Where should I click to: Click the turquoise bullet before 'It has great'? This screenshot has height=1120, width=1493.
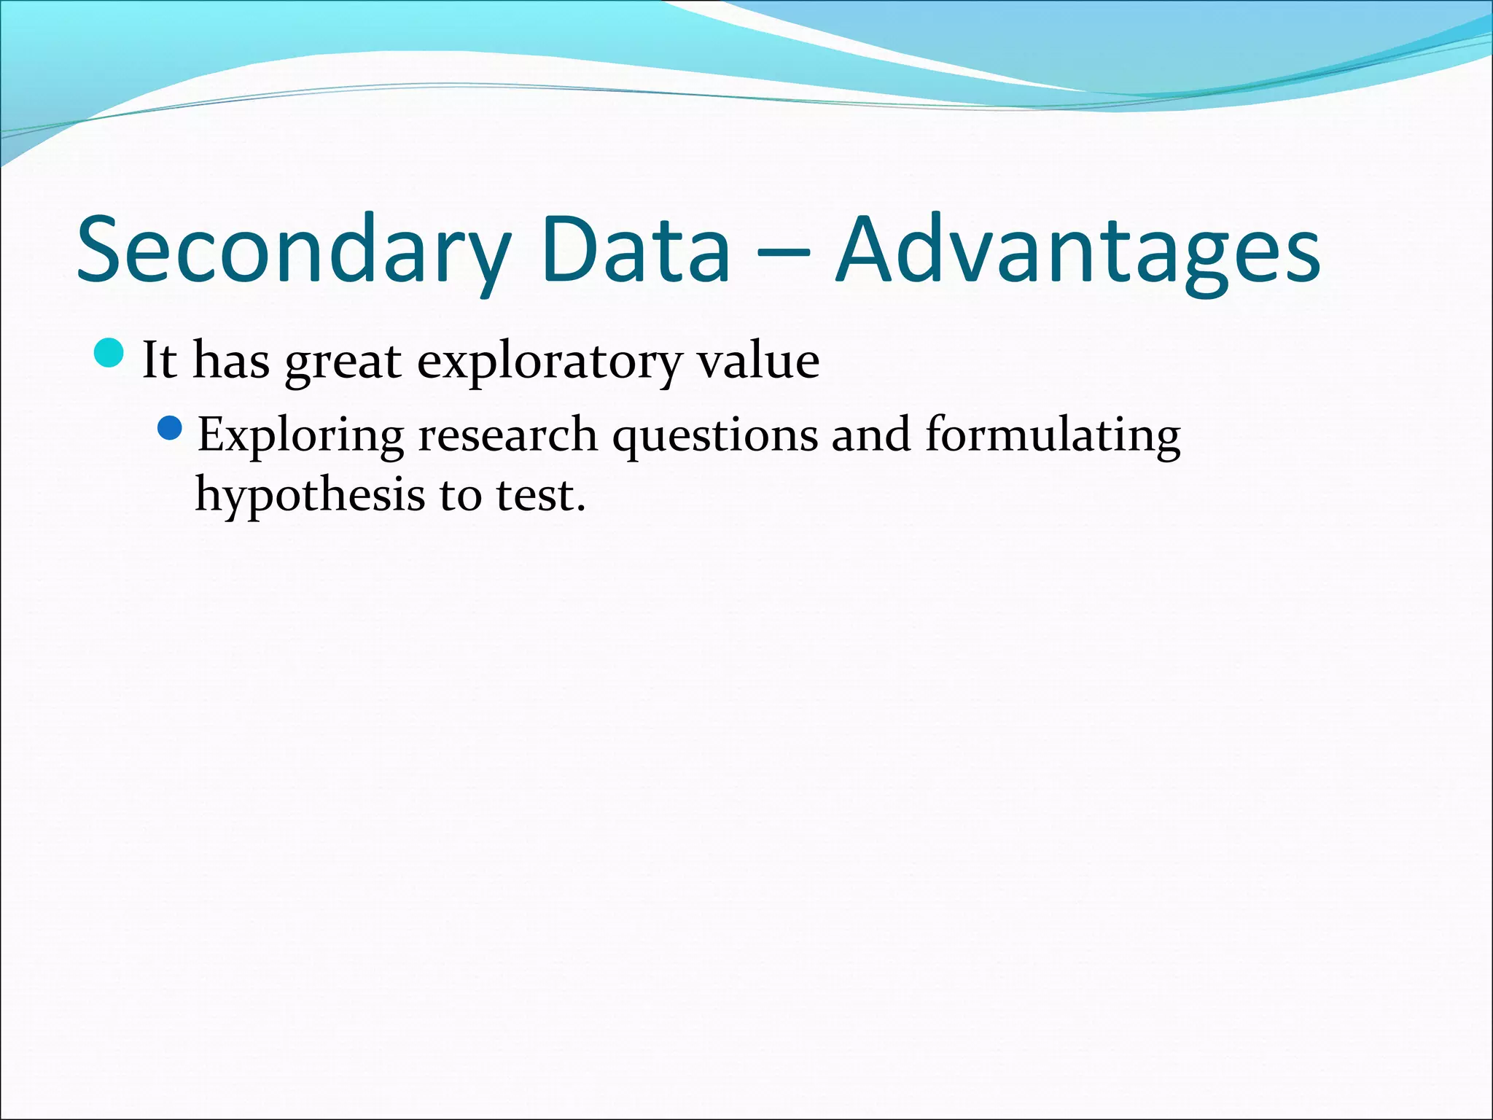(110, 354)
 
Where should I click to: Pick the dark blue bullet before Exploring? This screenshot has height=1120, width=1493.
(169, 428)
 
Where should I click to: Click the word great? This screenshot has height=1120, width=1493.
(343, 362)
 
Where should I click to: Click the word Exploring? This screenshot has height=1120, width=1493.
(300, 437)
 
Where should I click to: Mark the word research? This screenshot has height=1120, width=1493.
(507, 435)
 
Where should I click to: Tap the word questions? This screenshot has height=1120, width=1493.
(714, 437)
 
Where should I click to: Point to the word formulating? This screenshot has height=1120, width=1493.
(1053, 437)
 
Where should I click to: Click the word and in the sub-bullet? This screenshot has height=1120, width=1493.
(871, 435)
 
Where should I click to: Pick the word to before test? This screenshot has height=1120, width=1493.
(460, 497)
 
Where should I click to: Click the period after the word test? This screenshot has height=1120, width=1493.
(581, 508)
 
